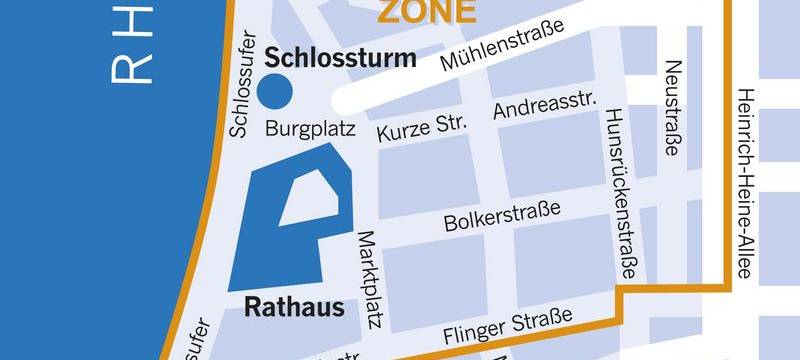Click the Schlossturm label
click(x=339, y=59)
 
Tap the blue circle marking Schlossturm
click(x=275, y=91)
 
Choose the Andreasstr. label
click(x=545, y=104)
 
